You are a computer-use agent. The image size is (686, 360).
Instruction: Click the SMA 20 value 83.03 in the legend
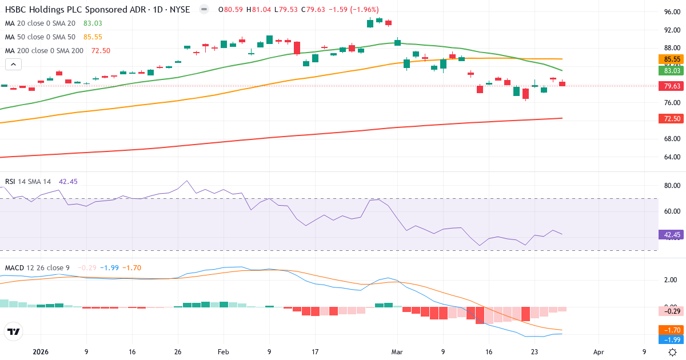93,23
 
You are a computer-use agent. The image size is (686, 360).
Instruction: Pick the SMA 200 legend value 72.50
101,50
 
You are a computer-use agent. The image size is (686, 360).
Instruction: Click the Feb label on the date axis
224,352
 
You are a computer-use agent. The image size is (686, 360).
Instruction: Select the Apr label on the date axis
599,352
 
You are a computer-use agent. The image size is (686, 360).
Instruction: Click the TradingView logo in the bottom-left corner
13,331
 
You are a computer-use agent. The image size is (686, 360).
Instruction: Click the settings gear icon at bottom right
673,352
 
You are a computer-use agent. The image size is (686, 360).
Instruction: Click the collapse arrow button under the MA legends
13,65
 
